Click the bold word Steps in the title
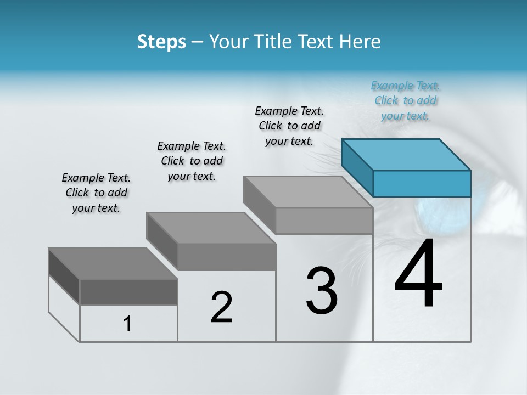click(x=161, y=42)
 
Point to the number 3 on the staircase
click(x=321, y=291)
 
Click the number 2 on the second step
click(x=221, y=307)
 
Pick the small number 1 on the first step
click(x=127, y=324)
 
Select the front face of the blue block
click(x=421, y=183)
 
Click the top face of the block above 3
click(x=307, y=191)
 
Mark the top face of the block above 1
click(x=113, y=263)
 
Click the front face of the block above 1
click(x=128, y=292)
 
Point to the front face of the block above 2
click(x=226, y=257)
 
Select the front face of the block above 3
click(x=324, y=221)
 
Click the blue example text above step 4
click(x=406, y=100)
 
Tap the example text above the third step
click(x=289, y=126)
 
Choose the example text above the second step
click(x=192, y=161)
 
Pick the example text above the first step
click(x=96, y=193)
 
